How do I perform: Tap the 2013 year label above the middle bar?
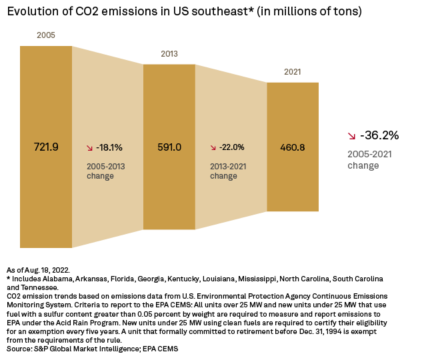(x=169, y=53)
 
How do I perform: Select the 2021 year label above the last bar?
(x=292, y=71)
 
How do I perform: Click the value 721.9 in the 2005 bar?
(x=46, y=147)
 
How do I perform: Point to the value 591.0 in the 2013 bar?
(x=169, y=147)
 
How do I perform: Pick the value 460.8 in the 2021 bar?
(x=292, y=147)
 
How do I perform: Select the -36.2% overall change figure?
(x=379, y=135)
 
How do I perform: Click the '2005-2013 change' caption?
(x=105, y=171)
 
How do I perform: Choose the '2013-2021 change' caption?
(x=229, y=171)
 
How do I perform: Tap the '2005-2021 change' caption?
(x=373, y=160)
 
